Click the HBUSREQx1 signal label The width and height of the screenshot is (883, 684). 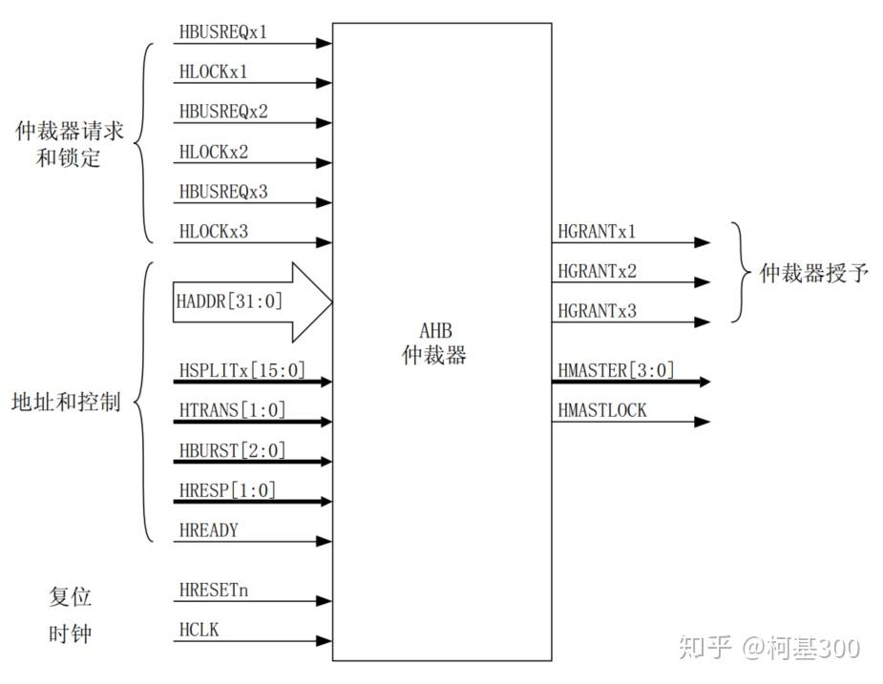(x=223, y=31)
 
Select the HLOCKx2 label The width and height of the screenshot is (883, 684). (x=214, y=152)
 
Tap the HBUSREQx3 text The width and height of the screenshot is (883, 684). (x=223, y=192)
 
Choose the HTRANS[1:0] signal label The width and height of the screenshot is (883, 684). (x=232, y=410)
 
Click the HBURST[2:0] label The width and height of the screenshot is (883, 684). (x=232, y=450)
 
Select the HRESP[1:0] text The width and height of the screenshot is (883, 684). (x=227, y=490)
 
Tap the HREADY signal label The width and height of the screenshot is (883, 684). (x=208, y=530)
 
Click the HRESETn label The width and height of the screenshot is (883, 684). (x=213, y=591)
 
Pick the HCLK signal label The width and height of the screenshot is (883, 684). (x=199, y=631)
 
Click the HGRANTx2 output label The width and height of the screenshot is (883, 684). (x=597, y=271)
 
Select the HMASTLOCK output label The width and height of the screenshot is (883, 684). (x=601, y=410)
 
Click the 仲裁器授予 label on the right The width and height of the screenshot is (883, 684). (x=813, y=274)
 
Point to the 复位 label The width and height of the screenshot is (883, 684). (x=70, y=597)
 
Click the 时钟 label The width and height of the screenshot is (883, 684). (x=70, y=633)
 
